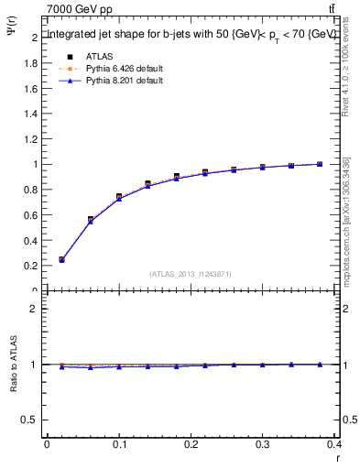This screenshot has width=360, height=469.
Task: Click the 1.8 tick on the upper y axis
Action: (x=32, y=63)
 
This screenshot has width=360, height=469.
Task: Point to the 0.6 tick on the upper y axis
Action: (x=32, y=215)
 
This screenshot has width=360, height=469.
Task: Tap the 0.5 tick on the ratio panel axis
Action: (x=32, y=420)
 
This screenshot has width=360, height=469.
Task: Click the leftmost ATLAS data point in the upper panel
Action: (x=61, y=260)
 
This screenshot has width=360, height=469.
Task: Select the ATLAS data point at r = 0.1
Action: (x=119, y=197)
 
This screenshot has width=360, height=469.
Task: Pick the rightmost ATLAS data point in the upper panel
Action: (x=320, y=164)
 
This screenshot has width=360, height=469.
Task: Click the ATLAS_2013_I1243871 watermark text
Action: (x=191, y=273)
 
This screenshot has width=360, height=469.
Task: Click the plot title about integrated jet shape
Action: (x=191, y=35)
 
